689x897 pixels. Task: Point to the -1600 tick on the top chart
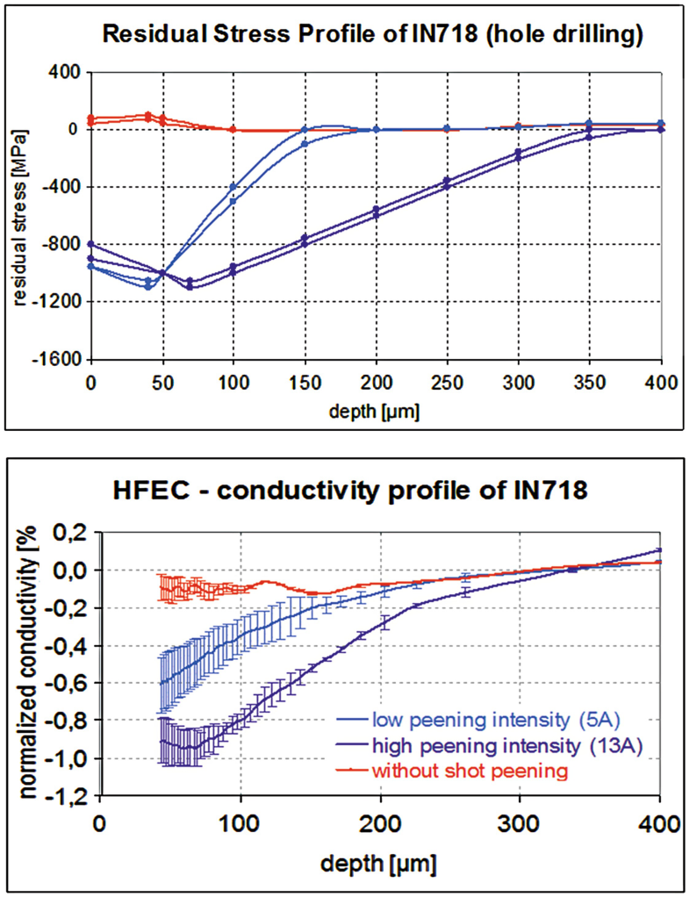(x=59, y=360)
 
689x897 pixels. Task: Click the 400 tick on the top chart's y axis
(x=65, y=72)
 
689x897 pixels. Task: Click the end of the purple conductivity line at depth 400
(x=659, y=550)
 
